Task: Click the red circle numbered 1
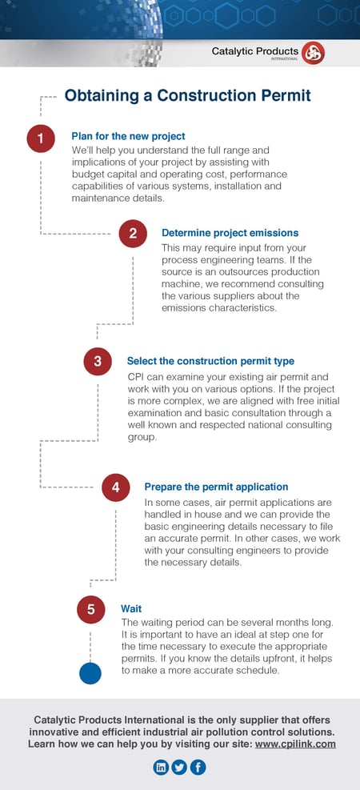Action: (x=40, y=138)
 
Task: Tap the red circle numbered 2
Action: (x=133, y=234)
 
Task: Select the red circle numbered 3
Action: (x=97, y=361)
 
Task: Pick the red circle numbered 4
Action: (x=115, y=487)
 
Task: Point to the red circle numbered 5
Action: (x=90, y=610)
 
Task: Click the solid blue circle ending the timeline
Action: (x=90, y=673)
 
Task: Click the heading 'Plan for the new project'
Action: (x=128, y=136)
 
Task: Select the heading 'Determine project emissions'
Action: (x=230, y=233)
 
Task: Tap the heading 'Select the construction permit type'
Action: (x=210, y=361)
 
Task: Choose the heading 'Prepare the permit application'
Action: (x=216, y=487)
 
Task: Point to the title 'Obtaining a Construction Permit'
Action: (x=187, y=96)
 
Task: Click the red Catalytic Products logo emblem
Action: (x=314, y=54)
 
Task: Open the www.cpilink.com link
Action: (x=295, y=744)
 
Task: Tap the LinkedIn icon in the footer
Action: (x=161, y=768)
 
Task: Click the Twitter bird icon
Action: (x=179, y=768)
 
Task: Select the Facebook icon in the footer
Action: (x=198, y=768)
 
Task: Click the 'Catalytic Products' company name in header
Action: (x=254, y=51)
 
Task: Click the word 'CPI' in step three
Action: (x=137, y=376)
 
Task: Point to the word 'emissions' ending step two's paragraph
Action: (x=187, y=307)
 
